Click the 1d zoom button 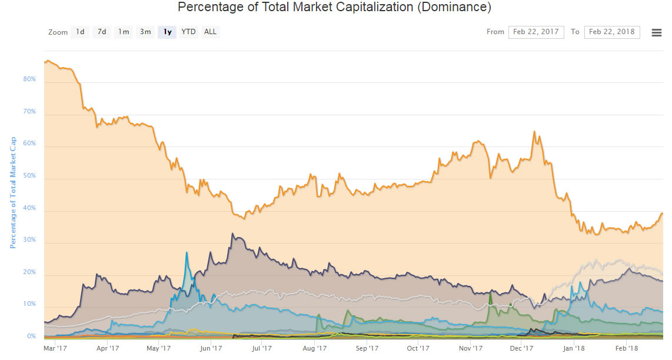pos(80,32)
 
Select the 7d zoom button pos(102,32)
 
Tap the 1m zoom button pos(124,32)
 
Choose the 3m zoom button pos(145,32)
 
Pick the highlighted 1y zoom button pos(167,32)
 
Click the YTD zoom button pos(188,32)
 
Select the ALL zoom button pos(210,32)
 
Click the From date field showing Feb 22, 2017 pos(536,32)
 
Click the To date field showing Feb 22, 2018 pos(612,32)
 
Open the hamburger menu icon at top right pos(657,32)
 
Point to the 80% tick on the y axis pos(29,79)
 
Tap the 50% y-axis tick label pos(29,176)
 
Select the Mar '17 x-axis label pos(54,348)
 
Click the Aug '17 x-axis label pos(314,348)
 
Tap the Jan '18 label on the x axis pos(574,348)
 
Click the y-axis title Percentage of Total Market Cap pos(12,193)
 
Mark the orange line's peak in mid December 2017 pos(534,131)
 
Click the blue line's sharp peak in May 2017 pos(187,252)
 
